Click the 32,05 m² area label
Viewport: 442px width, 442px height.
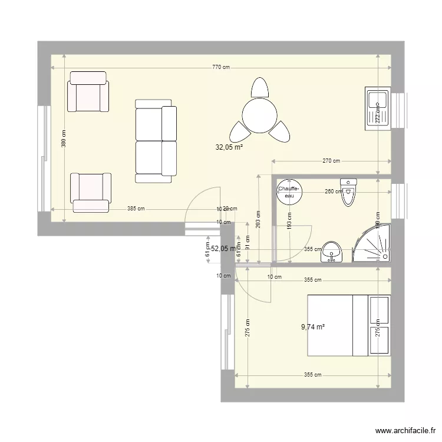click(x=230, y=149)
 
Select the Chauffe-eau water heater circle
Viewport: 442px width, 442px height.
click(x=289, y=192)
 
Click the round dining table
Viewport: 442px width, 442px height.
click(x=260, y=116)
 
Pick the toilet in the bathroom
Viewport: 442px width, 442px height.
click(x=349, y=192)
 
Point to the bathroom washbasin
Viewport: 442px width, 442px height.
click(x=332, y=252)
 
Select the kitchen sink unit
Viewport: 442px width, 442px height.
click(x=377, y=108)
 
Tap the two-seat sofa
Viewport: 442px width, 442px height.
click(x=156, y=141)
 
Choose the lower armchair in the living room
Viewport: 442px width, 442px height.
click(x=90, y=192)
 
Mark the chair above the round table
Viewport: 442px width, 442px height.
click(x=259, y=88)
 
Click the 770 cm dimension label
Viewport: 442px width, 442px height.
click(x=220, y=67)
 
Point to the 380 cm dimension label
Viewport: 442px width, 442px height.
click(x=64, y=139)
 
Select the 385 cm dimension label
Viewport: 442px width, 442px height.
click(x=136, y=209)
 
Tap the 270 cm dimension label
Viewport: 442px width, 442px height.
click(x=332, y=161)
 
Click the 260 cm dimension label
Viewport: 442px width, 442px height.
click(x=334, y=191)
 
